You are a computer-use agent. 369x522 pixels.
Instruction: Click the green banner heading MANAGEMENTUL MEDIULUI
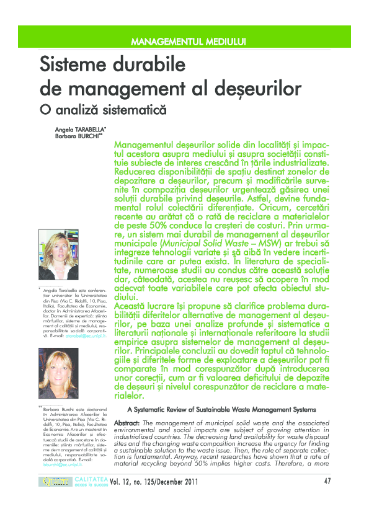189,42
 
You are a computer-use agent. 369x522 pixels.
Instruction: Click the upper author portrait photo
58,254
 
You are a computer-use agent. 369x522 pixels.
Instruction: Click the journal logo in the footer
55,482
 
